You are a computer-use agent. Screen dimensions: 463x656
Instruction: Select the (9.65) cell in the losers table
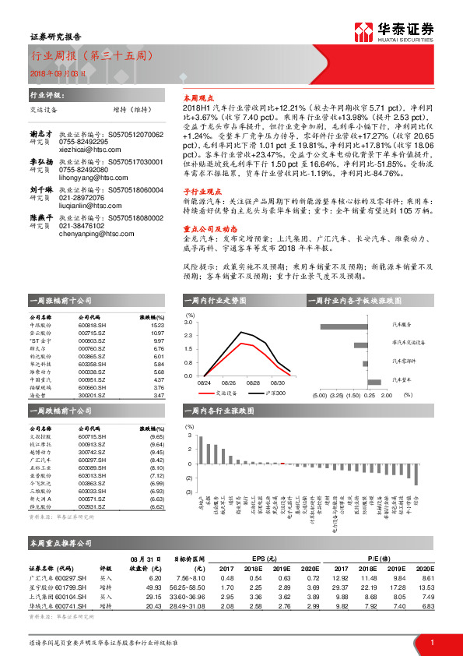pos(156,438)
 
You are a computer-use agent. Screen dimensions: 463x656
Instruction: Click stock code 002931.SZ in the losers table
pos(92,506)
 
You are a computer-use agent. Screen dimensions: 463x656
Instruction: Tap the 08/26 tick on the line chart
pos(229,383)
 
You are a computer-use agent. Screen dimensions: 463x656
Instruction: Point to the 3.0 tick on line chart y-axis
pos(188,321)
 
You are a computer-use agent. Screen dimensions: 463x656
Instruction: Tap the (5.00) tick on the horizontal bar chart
pos(320,395)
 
